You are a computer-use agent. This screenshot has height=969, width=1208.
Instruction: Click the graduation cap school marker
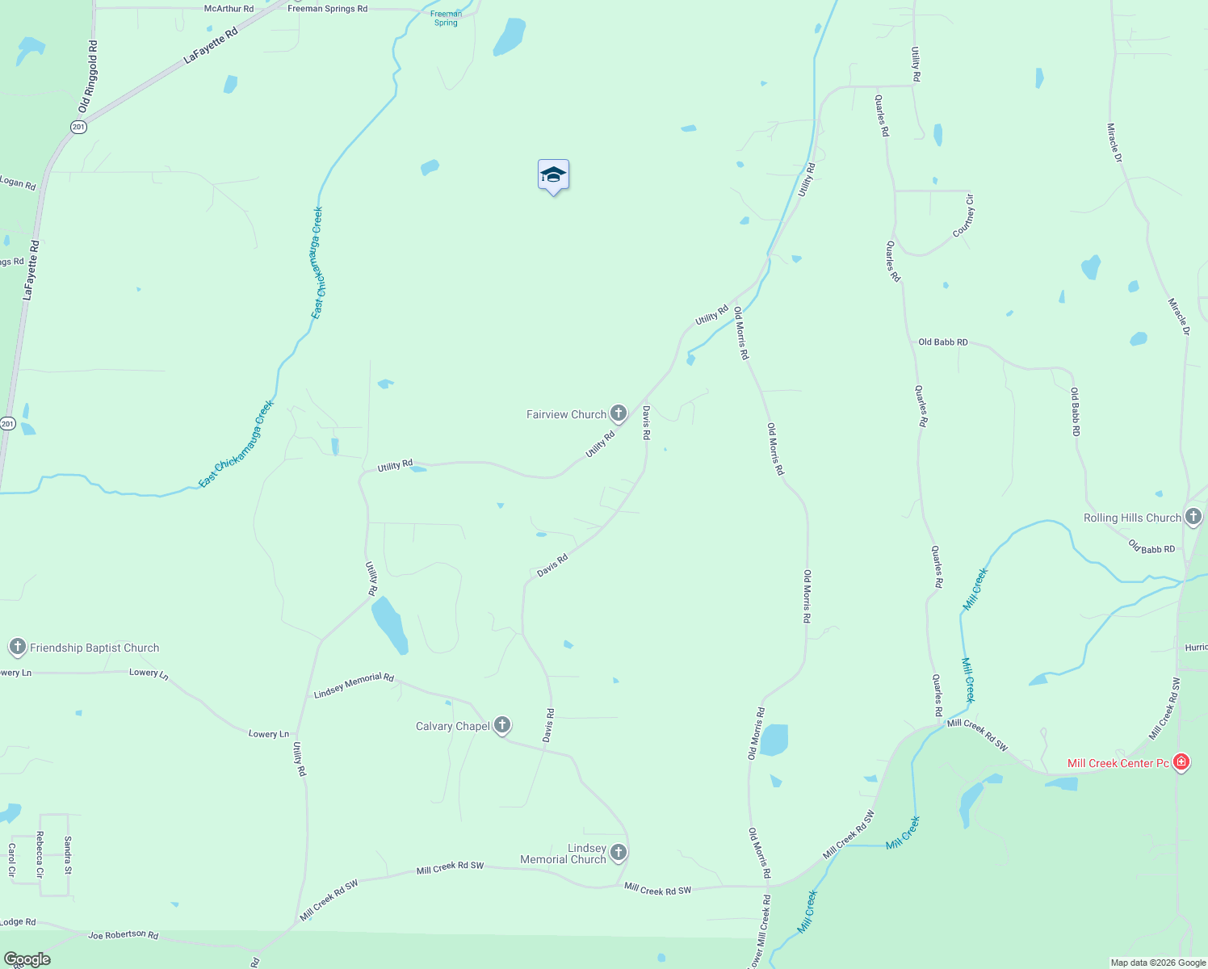click(x=553, y=175)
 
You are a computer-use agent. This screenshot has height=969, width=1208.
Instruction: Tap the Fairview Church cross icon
click(x=619, y=414)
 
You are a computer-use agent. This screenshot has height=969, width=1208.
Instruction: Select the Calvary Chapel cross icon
click(x=502, y=725)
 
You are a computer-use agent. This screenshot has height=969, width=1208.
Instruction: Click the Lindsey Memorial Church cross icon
click(x=619, y=852)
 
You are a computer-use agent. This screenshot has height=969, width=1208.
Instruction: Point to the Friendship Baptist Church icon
click(x=18, y=647)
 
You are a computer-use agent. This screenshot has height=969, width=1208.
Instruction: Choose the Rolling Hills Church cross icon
click(x=1193, y=517)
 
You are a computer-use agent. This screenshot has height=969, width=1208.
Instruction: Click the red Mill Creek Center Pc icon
click(x=1181, y=762)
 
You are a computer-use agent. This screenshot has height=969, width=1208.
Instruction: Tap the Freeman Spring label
click(x=446, y=19)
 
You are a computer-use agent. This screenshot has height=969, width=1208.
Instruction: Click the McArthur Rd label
click(x=229, y=9)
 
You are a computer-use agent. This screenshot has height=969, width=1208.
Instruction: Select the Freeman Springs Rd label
click(x=327, y=9)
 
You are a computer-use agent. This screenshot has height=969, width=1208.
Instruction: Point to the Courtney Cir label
click(x=963, y=216)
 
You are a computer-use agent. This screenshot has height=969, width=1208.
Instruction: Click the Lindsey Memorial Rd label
click(x=353, y=686)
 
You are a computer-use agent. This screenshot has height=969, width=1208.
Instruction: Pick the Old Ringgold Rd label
click(x=88, y=77)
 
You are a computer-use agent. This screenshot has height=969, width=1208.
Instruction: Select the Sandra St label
click(x=68, y=855)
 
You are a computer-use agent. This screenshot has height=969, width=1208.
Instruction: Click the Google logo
click(x=27, y=959)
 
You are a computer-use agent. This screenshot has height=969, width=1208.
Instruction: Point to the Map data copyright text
click(x=1158, y=963)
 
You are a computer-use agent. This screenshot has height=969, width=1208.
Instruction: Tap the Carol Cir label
click(x=12, y=860)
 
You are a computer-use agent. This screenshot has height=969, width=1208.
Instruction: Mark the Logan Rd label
click(x=18, y=184)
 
